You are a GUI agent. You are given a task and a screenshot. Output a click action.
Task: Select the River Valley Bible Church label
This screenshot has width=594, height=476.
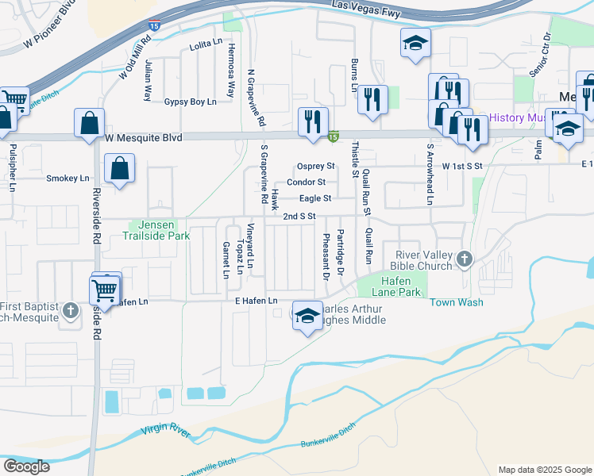click(x=423, y=260)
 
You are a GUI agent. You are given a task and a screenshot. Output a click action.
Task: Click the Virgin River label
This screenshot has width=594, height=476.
click(x=166, y=432)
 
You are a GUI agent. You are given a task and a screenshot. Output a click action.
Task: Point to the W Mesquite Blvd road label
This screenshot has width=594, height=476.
click(x=144, y=138)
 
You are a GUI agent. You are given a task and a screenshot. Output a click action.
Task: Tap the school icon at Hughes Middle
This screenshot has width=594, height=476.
click(x=307, y=317)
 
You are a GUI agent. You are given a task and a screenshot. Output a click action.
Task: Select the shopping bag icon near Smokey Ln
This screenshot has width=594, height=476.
click(x=118, y=168)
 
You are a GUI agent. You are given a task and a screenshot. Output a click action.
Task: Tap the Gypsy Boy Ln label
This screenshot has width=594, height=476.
click(x=190, y=102)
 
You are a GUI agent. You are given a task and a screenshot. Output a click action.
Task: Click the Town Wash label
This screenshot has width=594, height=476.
click(x=457, y=302)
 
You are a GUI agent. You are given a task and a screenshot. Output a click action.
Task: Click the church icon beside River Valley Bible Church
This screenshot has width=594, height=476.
click(x=464, y=259)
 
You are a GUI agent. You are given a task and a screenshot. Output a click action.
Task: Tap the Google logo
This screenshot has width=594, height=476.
click(x=26, y=466)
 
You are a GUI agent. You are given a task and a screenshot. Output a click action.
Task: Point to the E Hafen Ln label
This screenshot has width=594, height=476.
click(x=256, y=301)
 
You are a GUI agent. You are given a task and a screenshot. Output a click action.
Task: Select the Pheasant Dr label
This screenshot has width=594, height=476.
click(x=326, y=257)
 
